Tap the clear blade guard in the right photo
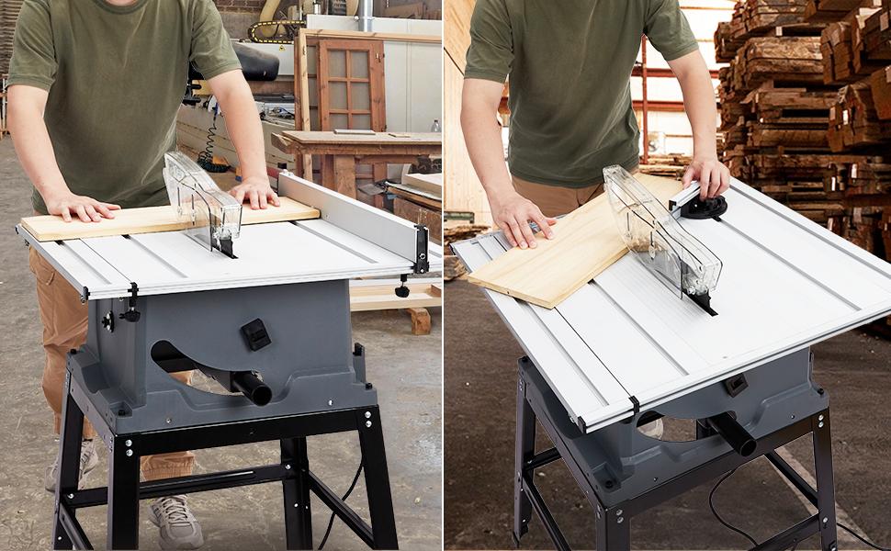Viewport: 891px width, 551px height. point(660,230)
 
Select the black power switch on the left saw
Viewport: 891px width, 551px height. point(255,333)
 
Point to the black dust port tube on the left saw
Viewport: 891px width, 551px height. point(251,387)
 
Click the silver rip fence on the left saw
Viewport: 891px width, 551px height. point(349,212)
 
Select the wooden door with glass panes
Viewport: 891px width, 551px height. point(351,84)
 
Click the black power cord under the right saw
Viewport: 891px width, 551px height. point(726,514)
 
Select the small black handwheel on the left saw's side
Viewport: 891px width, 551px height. point(108,321)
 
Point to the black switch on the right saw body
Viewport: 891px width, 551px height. point(735,385)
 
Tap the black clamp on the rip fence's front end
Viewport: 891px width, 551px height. point(421,250)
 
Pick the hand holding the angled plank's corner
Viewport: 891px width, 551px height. point(519,219)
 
